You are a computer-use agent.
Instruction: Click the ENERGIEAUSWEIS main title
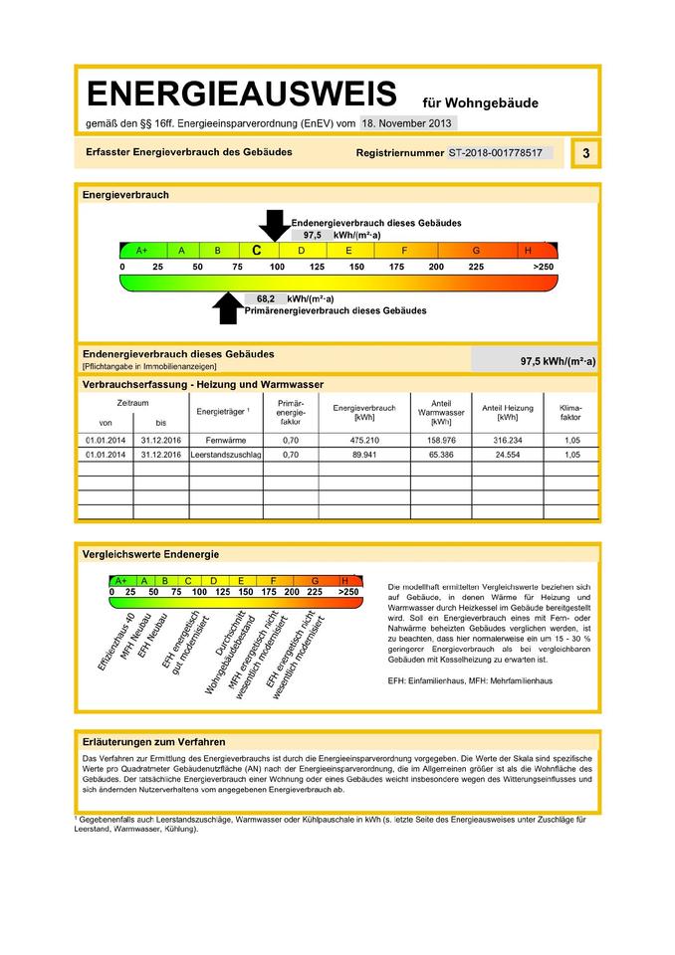coord(242,95)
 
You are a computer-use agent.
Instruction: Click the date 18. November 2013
coord(407,123)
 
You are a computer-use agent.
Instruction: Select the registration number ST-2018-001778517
coord(495,153)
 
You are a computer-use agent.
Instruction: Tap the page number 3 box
coord(585,153)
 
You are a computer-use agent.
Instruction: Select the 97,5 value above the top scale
coord(312,235)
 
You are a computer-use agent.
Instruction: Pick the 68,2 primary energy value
coord(265,298)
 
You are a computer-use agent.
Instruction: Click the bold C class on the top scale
coord(256,251)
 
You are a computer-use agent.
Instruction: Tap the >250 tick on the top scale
coord(543,268)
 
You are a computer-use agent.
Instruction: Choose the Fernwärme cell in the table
coord(219,439)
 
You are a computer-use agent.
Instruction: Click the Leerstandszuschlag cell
coord(225,455)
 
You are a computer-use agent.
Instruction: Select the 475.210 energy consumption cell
coord(364,439)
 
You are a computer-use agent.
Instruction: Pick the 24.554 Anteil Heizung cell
coord(507,455)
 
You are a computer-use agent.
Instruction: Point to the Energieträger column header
coord(222,410)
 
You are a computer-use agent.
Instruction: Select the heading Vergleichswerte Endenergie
coord(150,554)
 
